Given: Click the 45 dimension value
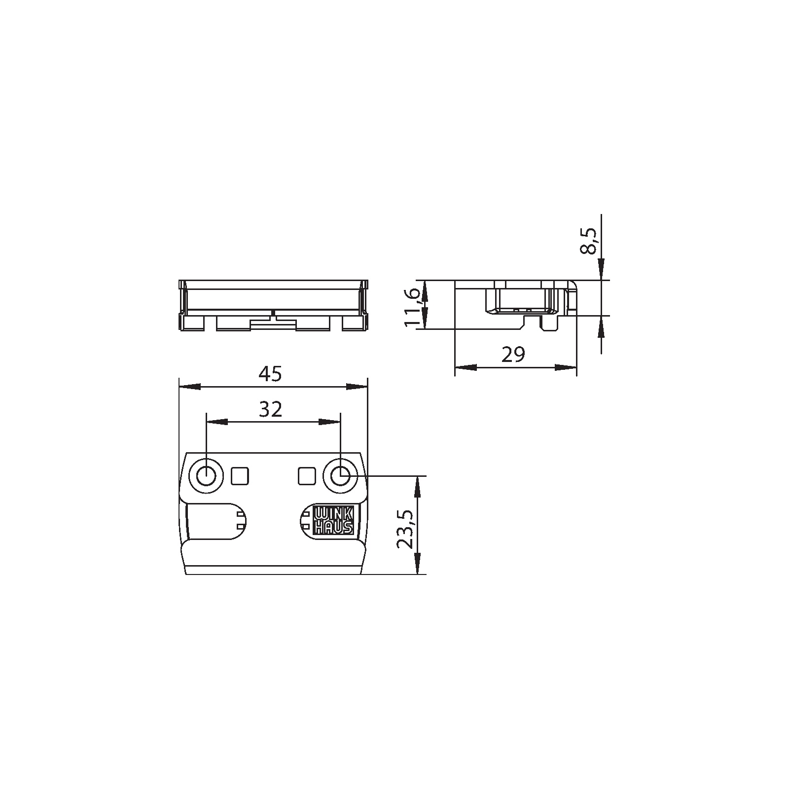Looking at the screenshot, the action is tap(270, 374).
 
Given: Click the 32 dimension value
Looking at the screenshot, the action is tap(271, 409).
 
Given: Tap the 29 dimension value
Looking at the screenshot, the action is tap(513, 355).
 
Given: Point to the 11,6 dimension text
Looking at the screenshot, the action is tap(412, 307).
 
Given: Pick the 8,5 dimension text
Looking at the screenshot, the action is tap(589, 241).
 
